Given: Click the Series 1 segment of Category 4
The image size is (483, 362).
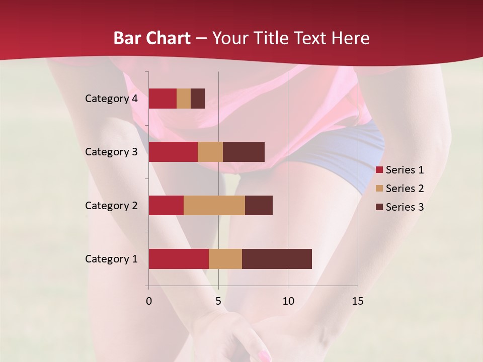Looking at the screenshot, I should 163,99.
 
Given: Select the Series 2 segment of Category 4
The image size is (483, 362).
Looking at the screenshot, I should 184,99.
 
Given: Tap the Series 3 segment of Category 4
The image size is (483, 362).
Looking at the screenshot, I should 198,99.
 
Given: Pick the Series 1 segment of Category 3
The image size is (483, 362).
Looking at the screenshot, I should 173,152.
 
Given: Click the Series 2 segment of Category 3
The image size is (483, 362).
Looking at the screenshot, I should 210,152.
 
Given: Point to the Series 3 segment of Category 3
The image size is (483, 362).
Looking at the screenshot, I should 244,152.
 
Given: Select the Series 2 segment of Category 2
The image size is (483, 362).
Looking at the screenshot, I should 214,205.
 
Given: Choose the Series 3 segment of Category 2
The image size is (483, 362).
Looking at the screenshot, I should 259,205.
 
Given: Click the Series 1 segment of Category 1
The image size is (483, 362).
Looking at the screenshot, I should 179,259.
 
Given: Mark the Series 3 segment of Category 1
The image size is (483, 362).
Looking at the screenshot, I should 277,259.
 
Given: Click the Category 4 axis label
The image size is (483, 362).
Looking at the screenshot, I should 111,99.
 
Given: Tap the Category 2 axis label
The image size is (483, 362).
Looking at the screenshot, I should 111,205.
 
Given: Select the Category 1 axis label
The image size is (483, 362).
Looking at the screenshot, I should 111,259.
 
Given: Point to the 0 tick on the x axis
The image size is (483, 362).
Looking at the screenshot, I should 148,301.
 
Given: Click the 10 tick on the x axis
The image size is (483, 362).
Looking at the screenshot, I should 288,301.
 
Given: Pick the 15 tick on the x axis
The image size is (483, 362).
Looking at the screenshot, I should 358,301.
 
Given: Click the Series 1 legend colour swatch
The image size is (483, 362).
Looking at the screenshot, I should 379,170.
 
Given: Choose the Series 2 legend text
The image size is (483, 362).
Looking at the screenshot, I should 405,189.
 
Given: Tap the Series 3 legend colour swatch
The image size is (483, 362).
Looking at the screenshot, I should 379,207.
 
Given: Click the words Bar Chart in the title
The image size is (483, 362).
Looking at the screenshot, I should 152,38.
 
